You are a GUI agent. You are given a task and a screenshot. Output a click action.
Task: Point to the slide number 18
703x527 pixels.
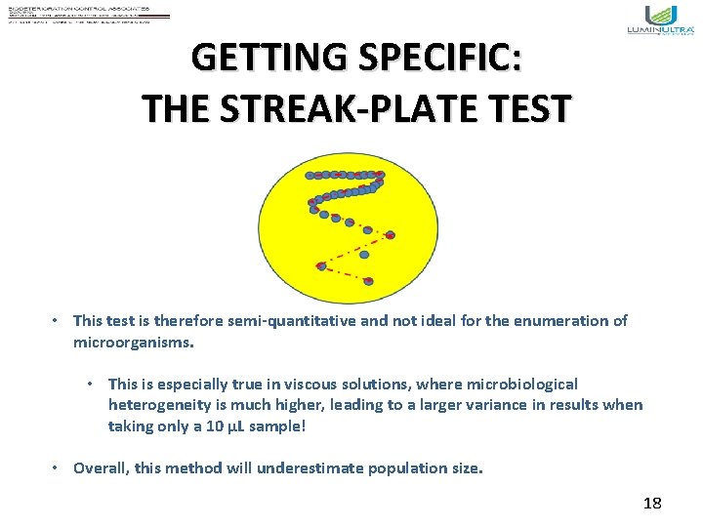(652, 504)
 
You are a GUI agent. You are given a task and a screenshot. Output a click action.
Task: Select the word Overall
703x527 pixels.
(100, 467)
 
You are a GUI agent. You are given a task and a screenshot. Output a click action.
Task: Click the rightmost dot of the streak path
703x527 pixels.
(391, 235)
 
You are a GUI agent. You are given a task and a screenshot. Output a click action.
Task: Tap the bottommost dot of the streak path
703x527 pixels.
(368, 281)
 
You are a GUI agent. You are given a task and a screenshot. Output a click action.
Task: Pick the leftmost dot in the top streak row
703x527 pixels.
(310, 176)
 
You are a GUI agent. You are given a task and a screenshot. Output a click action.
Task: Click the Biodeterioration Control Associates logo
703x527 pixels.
(88, 14)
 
